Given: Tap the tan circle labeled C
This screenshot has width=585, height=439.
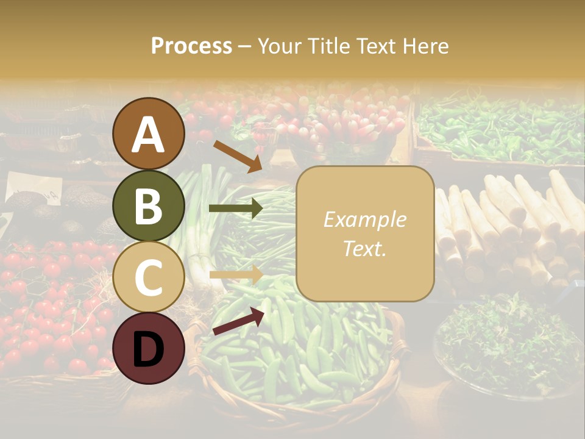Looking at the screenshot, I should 149,277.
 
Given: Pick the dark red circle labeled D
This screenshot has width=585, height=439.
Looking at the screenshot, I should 149,348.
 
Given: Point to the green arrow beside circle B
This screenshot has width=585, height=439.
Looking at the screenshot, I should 235,209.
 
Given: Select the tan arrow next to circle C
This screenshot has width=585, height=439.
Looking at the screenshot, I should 235,274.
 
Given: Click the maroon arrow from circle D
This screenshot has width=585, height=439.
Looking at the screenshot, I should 238,321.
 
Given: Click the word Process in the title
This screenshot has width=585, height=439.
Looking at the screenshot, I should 191,46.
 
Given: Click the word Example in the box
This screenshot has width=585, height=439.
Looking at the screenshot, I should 365,220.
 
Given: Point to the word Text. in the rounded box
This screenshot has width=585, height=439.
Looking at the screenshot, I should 365,248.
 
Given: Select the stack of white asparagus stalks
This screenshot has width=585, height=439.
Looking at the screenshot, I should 512,226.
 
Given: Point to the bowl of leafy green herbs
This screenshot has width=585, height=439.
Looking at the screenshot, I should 506,341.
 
